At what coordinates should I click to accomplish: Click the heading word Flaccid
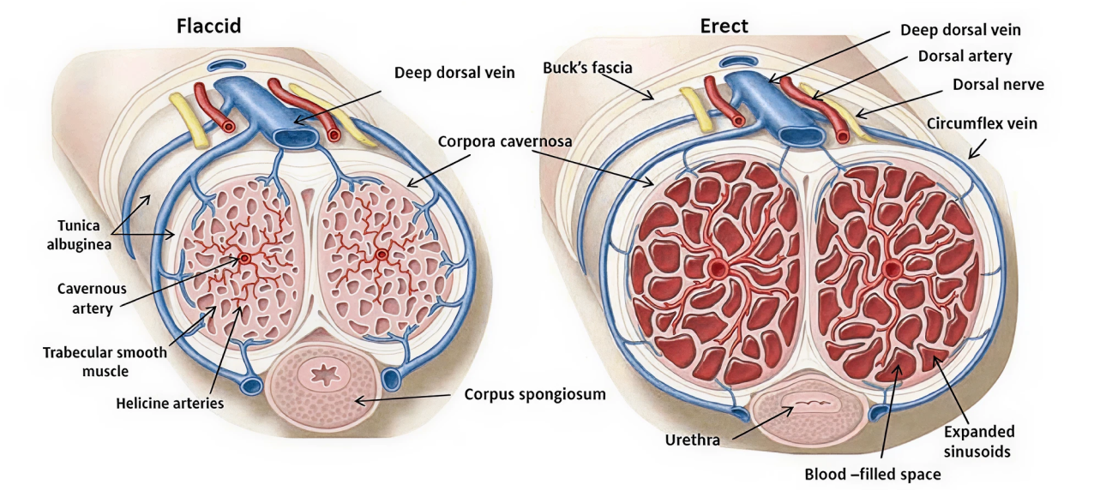coord(208,26)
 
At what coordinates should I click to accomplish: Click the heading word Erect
coord(724,26)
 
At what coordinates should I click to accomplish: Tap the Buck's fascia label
coord(586,66)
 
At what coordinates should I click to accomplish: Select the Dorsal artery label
coord(965,57)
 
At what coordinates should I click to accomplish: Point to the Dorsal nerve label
coord(998,85)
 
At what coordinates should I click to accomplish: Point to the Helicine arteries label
coord(170,401)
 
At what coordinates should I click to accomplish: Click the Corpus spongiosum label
coord(535,395)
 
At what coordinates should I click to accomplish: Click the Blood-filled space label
coord(873,474)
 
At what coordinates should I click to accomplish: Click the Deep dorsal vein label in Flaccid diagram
coord(454,73)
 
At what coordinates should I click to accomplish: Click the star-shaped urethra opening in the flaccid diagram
coord(324,375)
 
